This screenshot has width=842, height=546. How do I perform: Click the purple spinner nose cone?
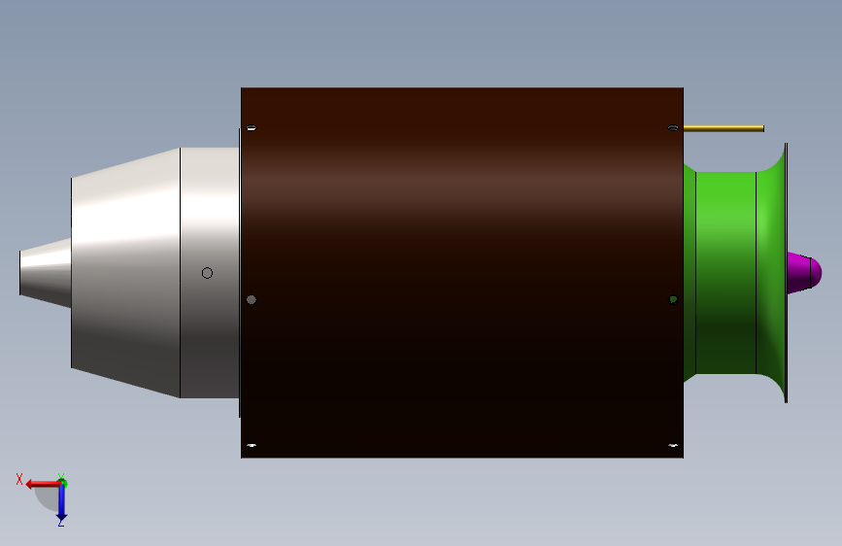coord(802,273)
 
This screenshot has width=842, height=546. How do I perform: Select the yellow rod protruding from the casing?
coord(724,128)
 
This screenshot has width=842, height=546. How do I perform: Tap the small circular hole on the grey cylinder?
coord(207,273)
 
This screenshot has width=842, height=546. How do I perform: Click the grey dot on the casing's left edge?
coord(252,299)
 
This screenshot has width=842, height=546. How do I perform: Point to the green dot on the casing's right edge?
coord(673,299)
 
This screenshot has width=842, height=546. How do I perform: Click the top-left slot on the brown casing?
coord(252,128)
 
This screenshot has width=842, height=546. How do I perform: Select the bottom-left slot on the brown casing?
coord(252,446)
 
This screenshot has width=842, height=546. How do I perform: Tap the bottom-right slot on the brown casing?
coord(673,446)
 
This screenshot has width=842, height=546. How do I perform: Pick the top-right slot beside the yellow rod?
coord(673,128)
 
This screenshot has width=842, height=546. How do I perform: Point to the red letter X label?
coord(19,478)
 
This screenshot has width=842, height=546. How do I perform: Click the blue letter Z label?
coord(60,523)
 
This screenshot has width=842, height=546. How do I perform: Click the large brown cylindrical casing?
coord(461,272)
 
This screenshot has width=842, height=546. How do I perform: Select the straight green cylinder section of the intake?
coord(725,272)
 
